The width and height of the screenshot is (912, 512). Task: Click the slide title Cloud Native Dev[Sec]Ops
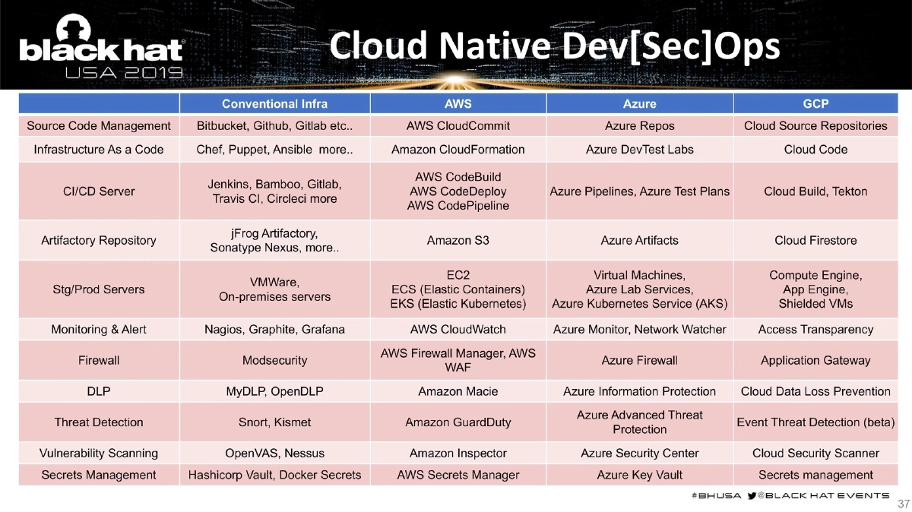(556, 46)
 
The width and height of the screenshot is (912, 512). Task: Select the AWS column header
(458, 103)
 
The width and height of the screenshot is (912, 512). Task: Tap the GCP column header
(815, 103)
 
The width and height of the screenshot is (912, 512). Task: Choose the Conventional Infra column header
(275, 103)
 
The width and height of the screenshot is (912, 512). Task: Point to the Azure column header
(639, 103)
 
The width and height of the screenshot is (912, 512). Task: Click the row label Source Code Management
(99, 126)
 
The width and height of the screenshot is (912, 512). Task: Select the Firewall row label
(99, 361)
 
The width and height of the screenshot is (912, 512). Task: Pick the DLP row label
(99, 392)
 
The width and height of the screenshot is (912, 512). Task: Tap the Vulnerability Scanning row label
(99, 454)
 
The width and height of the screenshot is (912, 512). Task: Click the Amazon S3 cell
(458, 241)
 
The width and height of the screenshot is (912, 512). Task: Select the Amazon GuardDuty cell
(458, 422)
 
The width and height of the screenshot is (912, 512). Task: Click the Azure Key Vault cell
(639, 476)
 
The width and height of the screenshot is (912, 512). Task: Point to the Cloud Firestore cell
(815, 241)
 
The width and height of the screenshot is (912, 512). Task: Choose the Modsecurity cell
(275, 361)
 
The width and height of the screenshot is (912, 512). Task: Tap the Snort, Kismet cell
(275, 422)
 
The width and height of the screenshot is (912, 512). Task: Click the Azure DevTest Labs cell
(639, 150)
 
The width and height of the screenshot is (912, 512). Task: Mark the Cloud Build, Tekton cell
(815, 191)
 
